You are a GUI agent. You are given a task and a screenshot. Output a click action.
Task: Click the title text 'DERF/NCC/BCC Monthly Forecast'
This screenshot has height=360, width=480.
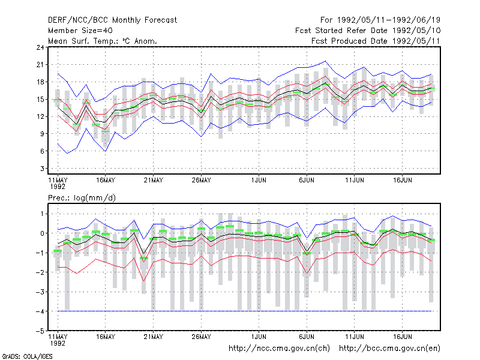(112, 20)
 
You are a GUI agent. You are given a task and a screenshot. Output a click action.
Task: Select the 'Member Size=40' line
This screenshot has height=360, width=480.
(80, 31)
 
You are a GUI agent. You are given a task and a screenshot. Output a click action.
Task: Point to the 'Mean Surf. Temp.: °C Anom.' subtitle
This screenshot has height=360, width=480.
(103, 41)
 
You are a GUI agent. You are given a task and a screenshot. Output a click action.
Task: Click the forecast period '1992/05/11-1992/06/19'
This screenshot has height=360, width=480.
(389, 20)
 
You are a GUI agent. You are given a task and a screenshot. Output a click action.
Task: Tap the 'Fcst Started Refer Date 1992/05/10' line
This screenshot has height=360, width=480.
(368, 31)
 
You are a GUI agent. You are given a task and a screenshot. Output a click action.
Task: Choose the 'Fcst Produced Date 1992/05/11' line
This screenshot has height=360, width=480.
(376, 41)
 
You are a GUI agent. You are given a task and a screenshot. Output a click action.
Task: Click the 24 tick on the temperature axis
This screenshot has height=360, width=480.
(40, 47)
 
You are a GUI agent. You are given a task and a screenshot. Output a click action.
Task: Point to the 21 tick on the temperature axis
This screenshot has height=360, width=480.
(40, 65)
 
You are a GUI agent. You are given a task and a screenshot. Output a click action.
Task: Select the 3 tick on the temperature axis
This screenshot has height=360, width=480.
(42, 169)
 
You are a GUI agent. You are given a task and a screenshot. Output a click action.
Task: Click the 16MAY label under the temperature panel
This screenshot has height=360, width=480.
(106, 181)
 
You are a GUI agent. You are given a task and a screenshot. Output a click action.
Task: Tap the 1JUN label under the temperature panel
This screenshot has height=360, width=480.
(259, 181)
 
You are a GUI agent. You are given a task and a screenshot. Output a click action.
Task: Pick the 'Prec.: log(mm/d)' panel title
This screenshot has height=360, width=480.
(82, 198)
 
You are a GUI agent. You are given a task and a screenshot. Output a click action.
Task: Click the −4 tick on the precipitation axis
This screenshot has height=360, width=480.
(40, 311)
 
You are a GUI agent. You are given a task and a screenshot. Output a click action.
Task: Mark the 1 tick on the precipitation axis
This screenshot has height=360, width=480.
(42, 214)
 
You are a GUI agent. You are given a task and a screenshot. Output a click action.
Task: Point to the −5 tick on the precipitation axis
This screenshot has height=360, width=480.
(40, 331)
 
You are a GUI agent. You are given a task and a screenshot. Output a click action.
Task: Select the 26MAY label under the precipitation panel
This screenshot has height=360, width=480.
(201, 337)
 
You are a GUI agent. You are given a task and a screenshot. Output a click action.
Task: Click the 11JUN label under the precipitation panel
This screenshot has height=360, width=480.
(355, 337)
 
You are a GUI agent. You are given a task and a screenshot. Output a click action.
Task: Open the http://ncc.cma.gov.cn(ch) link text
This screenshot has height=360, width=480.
(279, 349)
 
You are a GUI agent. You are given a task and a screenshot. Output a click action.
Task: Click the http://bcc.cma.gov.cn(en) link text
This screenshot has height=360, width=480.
(389, 349)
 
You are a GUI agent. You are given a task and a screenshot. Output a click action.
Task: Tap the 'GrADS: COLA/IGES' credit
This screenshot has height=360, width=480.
(27, 356)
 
